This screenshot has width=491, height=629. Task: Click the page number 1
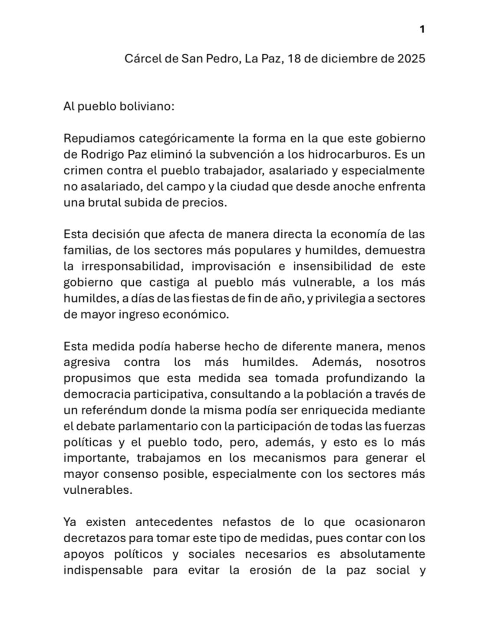click(422, 29)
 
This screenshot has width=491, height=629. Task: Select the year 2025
click(411, 58)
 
